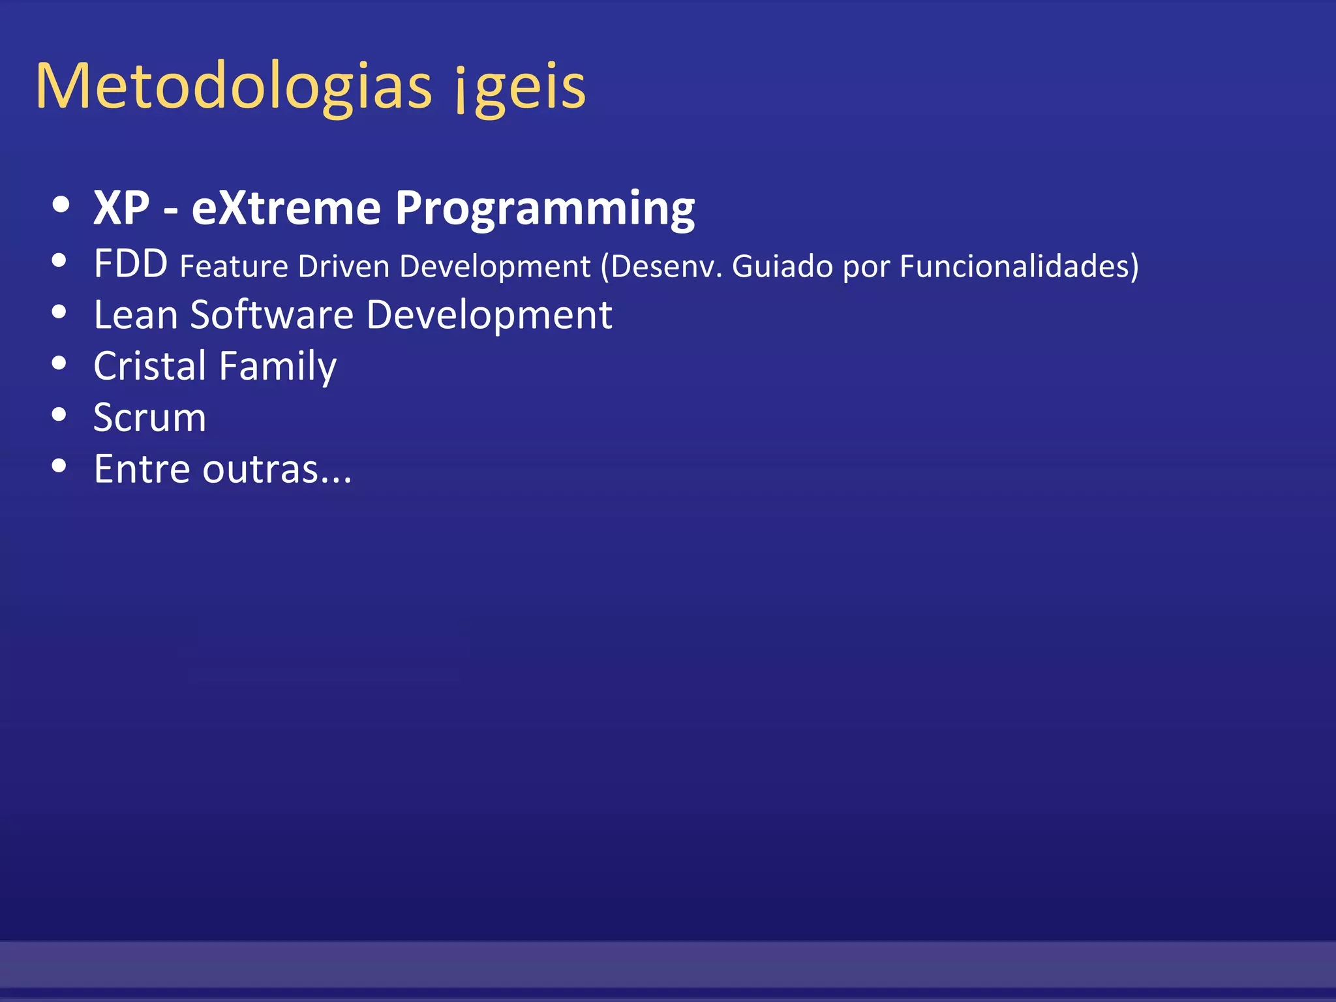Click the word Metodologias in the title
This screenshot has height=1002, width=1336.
click(x=234, y=87)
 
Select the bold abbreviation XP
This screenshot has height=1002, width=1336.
click(x=121, y=208)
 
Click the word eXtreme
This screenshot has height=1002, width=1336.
click(x=286, y=208)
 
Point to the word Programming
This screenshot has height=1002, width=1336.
click(x=545, y=209)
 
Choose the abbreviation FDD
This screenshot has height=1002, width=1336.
click(x=130, y=264)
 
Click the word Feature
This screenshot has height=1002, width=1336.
click(x=234, y=266)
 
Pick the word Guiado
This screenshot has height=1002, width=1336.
click(x=782, y=266)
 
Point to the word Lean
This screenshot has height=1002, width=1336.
click(x=136, y=315)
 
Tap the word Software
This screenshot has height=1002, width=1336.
click(x=271, y=315)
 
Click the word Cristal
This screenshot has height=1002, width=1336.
click(x=150, y=365)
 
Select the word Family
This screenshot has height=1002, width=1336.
click(x=278, y=367)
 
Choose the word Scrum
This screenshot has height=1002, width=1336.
click(x=149, y=417)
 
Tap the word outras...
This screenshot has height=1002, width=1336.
click(x=260, y=469)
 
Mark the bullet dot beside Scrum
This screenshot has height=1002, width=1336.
click(x=59, y=414)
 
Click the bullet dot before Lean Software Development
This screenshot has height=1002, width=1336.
click(x=59, y=312)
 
